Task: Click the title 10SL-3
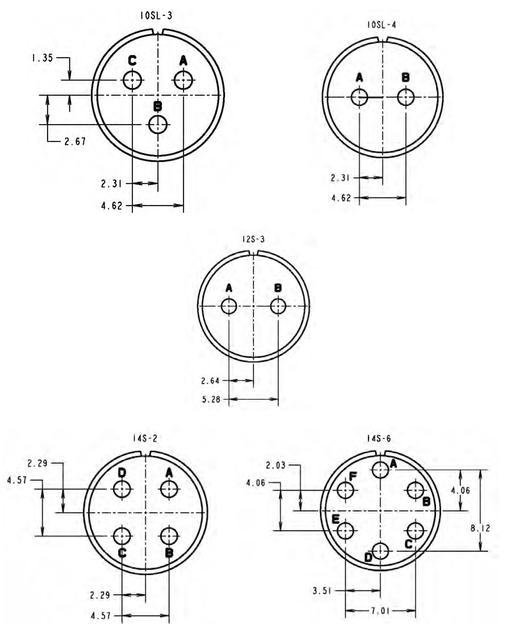tap(156, 16)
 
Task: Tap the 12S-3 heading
tap(253, 239)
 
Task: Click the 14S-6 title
tap(379, 439)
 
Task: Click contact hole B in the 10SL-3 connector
tap(158, 125)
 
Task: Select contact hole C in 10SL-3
tap(132, 80)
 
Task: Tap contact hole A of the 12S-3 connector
tap(229, 306)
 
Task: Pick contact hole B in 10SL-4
tap(406, 97)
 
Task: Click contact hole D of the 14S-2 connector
tap(122, 489)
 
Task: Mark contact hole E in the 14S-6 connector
tap(345, 530)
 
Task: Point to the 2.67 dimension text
tap(75, 142)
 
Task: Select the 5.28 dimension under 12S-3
tap(211, 399)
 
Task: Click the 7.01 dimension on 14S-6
tap(381, 610)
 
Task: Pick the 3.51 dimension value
tap(322, 591)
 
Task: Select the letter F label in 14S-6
tap(353, 476)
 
